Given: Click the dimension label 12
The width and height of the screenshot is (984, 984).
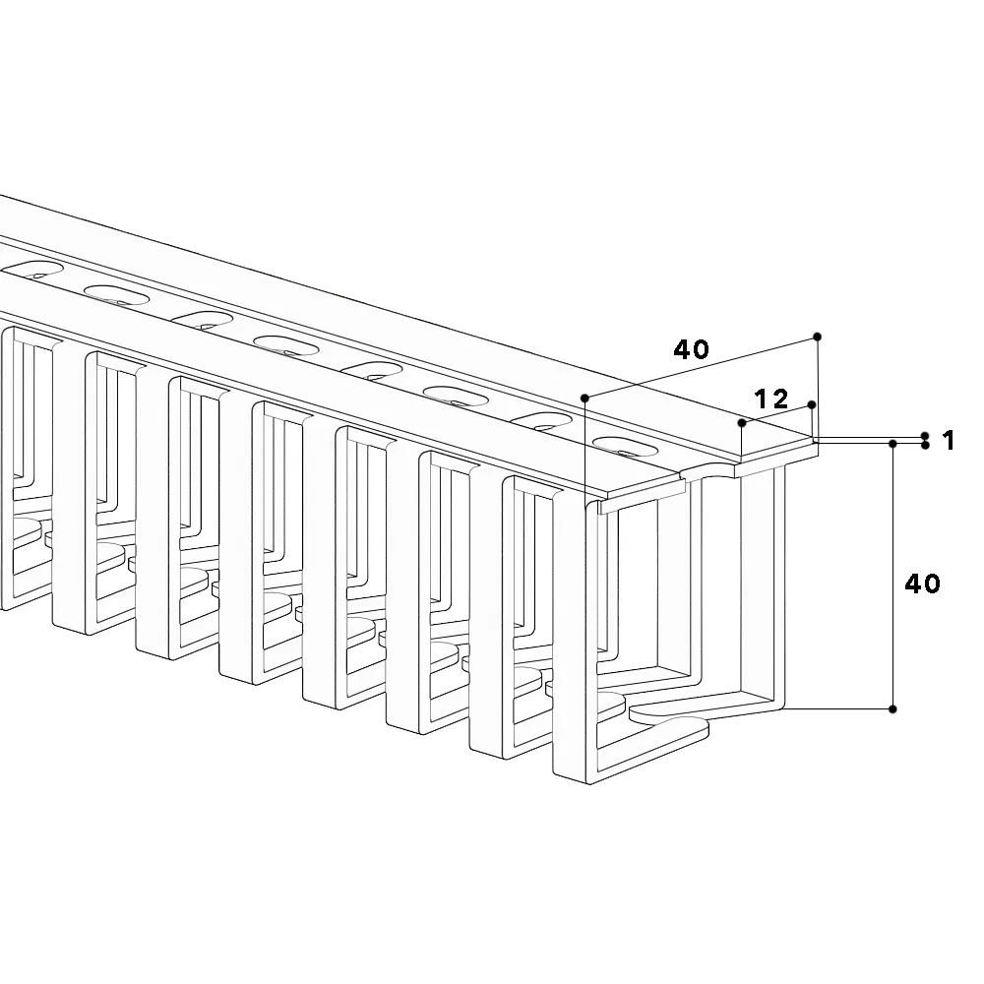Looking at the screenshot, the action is [770, 400].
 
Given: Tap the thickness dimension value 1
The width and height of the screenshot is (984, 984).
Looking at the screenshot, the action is [949, 441].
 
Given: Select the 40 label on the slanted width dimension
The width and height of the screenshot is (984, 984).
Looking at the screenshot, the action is [691, 349].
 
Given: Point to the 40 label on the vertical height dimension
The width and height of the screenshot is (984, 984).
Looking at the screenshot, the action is [922, 584].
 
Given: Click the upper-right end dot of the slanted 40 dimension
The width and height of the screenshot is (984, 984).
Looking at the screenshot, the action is [817, 337].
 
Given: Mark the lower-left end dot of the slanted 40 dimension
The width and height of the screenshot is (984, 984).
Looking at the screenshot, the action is [584, 398].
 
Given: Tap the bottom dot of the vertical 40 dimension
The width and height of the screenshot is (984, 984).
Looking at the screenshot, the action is [893, 709].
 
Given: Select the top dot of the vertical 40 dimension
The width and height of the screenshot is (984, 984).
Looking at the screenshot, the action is [893, 444].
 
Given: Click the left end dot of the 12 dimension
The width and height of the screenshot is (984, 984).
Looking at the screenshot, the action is [742, 423].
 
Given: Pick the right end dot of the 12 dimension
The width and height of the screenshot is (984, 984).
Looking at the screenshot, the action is [812, 404].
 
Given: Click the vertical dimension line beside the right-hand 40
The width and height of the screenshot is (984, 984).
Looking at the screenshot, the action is [893, 576].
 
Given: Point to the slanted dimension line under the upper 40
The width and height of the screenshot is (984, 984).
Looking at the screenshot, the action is [701, 368].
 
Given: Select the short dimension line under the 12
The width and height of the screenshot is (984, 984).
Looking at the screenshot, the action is [777, 414].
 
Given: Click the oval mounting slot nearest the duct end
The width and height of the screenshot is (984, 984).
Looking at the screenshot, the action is [625, 446].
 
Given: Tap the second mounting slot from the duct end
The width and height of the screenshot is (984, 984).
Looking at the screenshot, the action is [540, 421].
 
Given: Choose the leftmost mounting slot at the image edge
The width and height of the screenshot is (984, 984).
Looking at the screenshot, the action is [32, 270].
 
